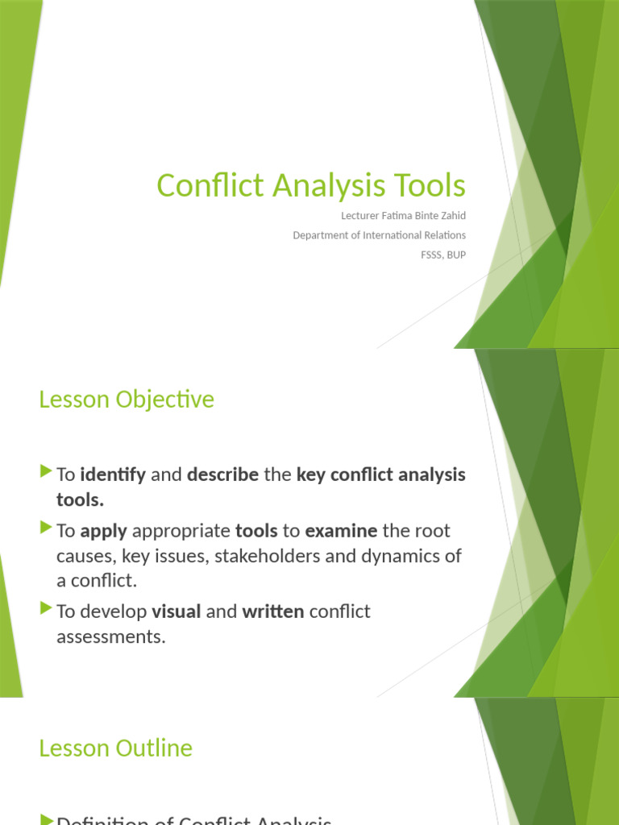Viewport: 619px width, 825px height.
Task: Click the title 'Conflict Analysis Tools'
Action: tap(311, 185)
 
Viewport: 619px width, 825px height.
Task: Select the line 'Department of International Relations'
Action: tap(379, 235)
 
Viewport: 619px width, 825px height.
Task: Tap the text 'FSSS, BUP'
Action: tap(438, 255)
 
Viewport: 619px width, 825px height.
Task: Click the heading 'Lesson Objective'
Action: tap(127, 400)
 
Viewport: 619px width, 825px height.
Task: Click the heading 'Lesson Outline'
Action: tap(115, 748)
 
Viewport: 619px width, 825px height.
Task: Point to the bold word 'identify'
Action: tap(113, 475)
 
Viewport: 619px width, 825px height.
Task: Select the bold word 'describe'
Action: tap(222, 475)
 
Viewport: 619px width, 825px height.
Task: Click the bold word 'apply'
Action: tap(103, 531)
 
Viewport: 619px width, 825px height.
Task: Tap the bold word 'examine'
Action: tap(341, 531)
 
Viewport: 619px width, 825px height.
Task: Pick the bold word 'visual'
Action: tap(176, 611)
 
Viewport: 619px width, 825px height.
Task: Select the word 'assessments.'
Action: tap(110, 637)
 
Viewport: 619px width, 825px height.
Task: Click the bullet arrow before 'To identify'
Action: tap(45, 473)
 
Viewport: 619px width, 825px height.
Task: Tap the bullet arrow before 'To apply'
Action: tap(45, 529)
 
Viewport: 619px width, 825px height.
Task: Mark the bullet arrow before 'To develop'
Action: tap(45, 610)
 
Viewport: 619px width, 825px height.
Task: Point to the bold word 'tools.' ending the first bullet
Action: tap(80, 500)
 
